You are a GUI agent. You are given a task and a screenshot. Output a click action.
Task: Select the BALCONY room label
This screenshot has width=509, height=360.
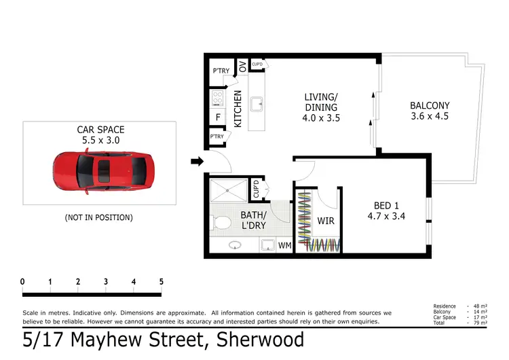430,111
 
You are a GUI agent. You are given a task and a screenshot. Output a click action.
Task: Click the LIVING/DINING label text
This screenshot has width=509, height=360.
321,107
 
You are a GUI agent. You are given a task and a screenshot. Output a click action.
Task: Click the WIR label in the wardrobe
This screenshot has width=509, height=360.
326,221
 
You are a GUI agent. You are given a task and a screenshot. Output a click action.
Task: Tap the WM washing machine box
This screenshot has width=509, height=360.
284,245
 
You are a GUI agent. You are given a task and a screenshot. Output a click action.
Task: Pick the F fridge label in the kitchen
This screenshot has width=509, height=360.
218,117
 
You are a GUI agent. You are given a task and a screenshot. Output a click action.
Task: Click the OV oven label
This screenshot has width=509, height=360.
242,67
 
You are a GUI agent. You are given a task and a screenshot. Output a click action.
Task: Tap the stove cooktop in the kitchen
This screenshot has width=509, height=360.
219,98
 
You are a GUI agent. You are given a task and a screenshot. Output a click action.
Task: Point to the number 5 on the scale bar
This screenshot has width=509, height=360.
162,282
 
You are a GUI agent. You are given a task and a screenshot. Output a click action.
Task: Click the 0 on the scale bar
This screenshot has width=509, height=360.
22,282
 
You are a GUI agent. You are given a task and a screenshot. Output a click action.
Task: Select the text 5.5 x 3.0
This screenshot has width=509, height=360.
100,141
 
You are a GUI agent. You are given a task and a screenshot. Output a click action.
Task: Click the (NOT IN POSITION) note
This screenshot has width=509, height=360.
99,217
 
